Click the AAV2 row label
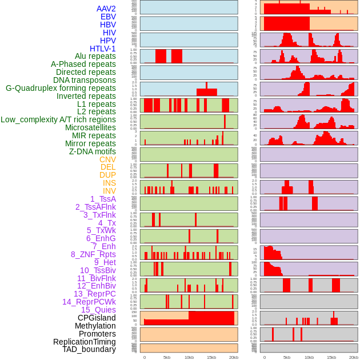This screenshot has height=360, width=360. click(106, 9)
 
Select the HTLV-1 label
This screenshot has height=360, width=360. click(103, 49)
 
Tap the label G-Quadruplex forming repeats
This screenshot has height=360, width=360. click(61, 88)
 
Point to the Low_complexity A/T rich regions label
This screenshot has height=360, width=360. click(58, 119)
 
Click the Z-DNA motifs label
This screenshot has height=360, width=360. click(93, 151)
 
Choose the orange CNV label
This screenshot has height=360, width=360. click(107, 159)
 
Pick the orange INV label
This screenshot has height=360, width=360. click(109, 191)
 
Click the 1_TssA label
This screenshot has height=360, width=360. click(103, 199)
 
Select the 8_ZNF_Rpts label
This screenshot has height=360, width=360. click(93, 254)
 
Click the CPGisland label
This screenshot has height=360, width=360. click(97, 318)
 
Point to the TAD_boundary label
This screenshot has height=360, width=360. click(89, 349)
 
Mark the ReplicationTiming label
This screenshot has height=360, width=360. click(85, 342)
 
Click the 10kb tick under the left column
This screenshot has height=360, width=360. click(189, 357)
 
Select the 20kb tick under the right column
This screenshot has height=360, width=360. click(354, 357)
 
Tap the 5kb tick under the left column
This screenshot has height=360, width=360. click(167, 357)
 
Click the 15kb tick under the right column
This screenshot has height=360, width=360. click(331, 357)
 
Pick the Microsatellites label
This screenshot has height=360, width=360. click(90, 127)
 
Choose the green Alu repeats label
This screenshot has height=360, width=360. click(95, 56)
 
